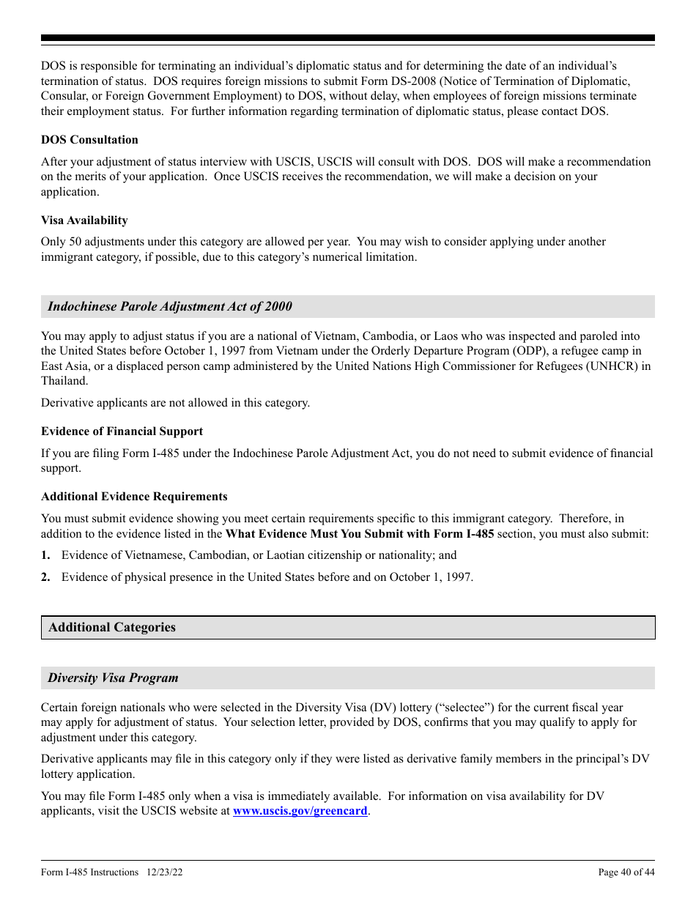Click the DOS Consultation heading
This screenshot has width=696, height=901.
click(x=89, y=140)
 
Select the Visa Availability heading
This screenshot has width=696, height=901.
click(x=84, y=220)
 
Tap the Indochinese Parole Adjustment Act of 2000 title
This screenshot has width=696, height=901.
click(x=169, y=307)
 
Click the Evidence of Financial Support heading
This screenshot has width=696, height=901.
click(x=122, y=431)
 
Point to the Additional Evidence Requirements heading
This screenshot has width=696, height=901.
click(x=134, y=497)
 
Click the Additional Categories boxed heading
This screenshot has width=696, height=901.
click(x=112, y=628)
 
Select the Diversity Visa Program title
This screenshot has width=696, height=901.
click(x=113, y=678)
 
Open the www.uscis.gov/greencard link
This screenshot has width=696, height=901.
click(x=300, y=811)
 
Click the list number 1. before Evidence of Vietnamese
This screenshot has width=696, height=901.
click(x=45, y=555)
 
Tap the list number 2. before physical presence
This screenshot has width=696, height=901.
click(x=45, y=577)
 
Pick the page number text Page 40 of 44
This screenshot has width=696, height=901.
click(x=626, y=872)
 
